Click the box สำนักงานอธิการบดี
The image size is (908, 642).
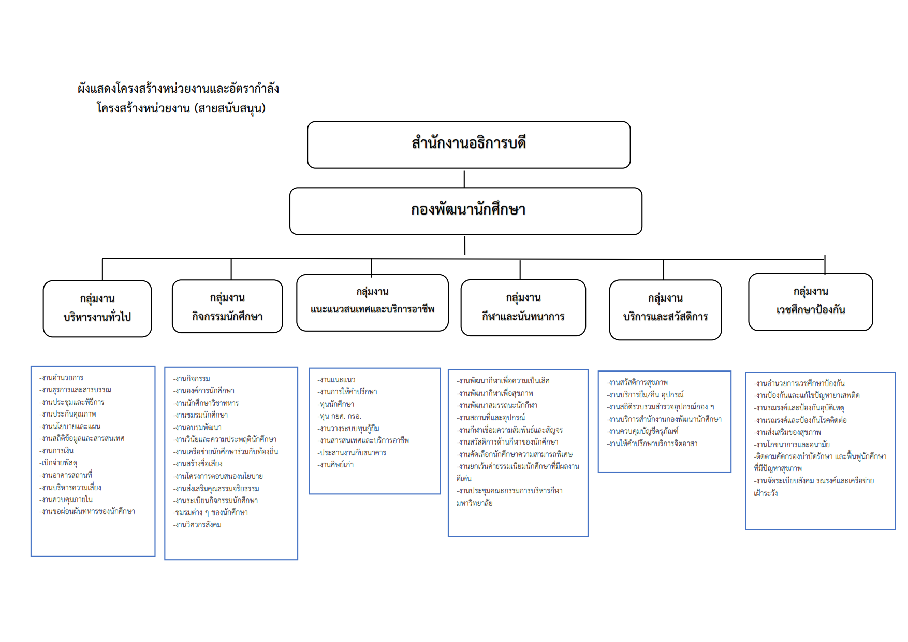[468, 145]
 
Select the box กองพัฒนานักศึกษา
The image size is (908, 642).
[466, 211]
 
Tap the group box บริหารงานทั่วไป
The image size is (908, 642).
[97, 308]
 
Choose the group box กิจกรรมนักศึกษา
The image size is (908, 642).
[227, 306]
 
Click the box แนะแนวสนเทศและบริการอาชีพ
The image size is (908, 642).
[372, 303]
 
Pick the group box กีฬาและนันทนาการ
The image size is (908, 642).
[523, 308]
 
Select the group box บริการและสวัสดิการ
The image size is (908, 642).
[665, 309]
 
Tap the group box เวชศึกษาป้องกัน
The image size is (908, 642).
[810, 302]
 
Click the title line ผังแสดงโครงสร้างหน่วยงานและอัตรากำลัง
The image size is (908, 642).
[179, 89]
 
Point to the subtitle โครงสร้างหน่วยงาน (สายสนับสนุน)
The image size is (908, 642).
[181, 108]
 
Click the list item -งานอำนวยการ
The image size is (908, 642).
[62, 378]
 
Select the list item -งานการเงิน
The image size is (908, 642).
[57, 451]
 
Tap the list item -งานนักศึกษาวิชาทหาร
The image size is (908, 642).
[206, 403]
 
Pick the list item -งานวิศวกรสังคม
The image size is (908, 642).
[198, 525]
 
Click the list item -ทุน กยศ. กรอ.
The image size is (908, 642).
[340, 416]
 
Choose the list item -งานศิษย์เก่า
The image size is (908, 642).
[336, 465]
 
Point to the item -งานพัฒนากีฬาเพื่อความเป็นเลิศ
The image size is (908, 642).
[503, 381]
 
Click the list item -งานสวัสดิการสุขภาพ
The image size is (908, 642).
[637, 382]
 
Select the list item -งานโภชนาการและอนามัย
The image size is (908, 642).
[792, 445]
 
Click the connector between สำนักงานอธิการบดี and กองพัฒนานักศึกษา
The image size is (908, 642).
[464, 178]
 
